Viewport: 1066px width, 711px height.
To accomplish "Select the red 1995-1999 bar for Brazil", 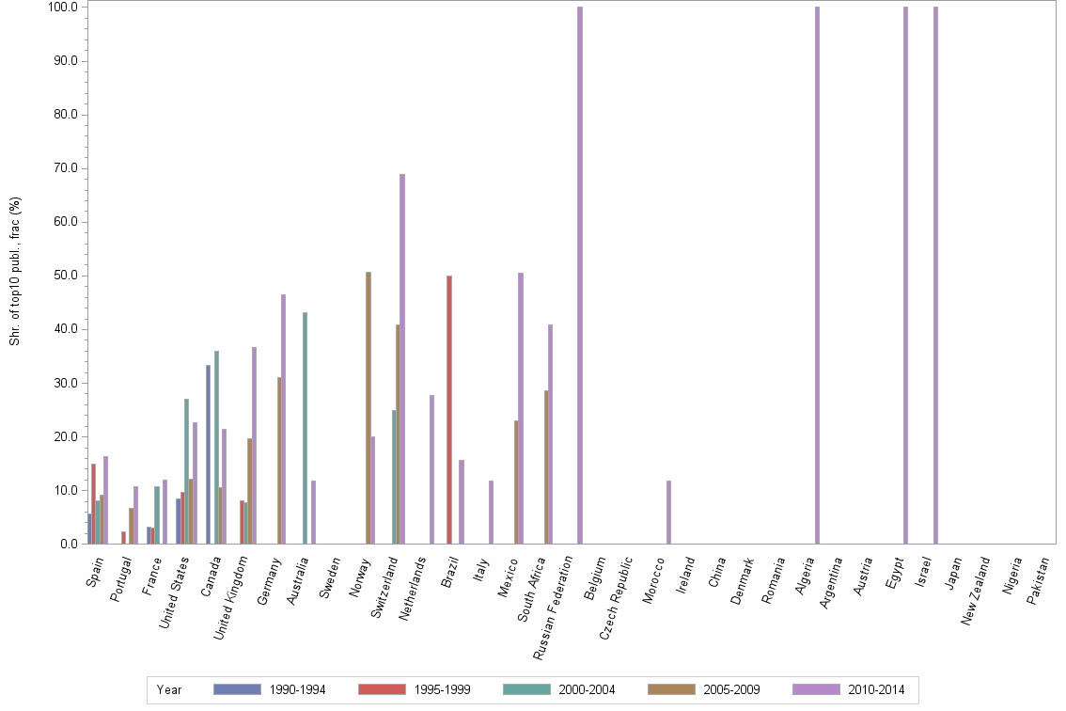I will coord(449,409).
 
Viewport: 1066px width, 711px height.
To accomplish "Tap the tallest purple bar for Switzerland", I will coord(402,358).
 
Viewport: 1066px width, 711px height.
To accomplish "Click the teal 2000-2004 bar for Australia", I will coord(305,428).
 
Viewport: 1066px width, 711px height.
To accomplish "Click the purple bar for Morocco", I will coord(669,513).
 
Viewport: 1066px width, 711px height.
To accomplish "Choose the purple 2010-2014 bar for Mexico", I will coord(521,408).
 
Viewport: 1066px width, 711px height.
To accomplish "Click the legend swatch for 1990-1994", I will coord(237,689).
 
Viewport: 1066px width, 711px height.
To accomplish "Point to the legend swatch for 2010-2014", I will coord(816,689).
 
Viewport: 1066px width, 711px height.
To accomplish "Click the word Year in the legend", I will coord(169,690).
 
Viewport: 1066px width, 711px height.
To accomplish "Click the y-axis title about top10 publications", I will coord(15,271).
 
